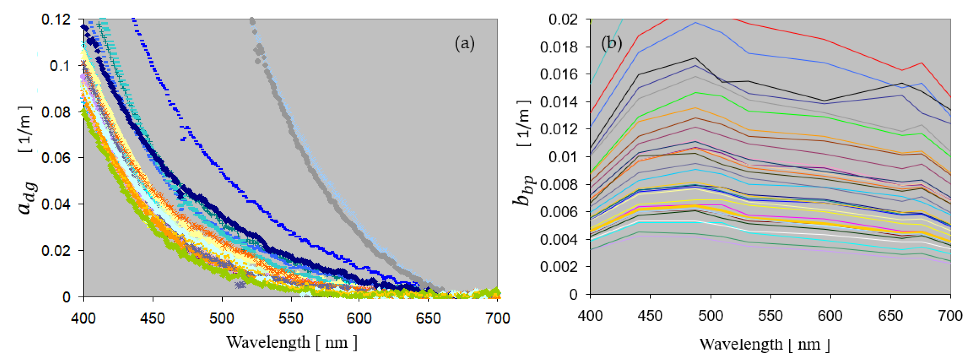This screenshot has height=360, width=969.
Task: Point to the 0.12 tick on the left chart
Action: pyautogui.click(x=56, y=19)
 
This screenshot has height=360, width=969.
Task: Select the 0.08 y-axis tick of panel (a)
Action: pyautogui.click(x=56, y=112)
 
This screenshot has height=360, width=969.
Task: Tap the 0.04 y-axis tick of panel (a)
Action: pyautogui.click(x=56, y=204)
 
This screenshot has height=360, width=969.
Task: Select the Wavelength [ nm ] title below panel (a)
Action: pyautogui.click(x=292, y=342)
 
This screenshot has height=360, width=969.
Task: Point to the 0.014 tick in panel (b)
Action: pyautogui.click(x=558, y=102)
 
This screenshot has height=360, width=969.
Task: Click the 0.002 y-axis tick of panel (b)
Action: pyautogui.click(x=558, y=267)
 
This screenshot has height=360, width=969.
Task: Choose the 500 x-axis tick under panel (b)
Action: pyautogui.click(x=710, y=316)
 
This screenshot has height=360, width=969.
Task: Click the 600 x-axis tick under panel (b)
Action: pyautogui.click(x=830, y=316)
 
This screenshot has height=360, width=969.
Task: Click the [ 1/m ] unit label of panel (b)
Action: pyautogui.click(x=524, y=123)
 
